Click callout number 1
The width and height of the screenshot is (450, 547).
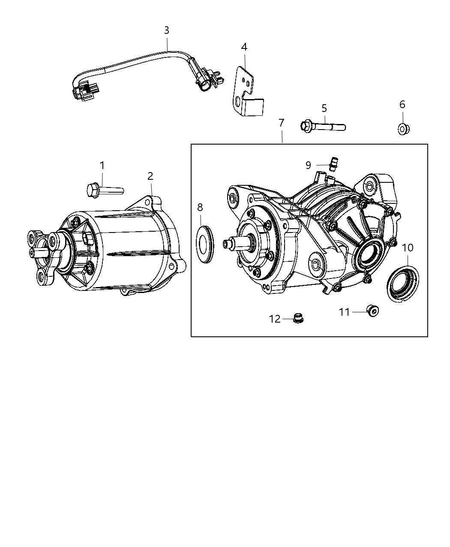pyautogui.click(x=102, y=165)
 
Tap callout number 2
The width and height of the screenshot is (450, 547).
pyautogui.click(x=150, y=176)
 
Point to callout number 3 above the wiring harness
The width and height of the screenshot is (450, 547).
pyautogui.click(x=167, y=30)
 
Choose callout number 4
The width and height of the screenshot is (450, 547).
pyautogui.click(x=244, y=47)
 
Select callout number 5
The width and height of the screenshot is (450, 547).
pyautogui.click(x=324, y=108)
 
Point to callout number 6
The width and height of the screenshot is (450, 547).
pyautogui.click(x=402, y=104)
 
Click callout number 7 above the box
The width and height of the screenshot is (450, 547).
pyautogui.click(x=281, y=123)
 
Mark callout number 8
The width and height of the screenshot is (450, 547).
pyautogui.click(x=200, y=208)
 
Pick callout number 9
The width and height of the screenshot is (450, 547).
pyautogui.click(x=309, y=165)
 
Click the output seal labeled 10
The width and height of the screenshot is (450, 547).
pyautogui.click(x=402, y=284)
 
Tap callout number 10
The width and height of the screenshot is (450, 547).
pyautogui.click(x=408, y=248)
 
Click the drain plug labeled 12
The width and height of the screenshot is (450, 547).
pyautogui.click(x=298, y=318)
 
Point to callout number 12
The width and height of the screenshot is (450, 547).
pyautogui.click(x=275, y=319)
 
